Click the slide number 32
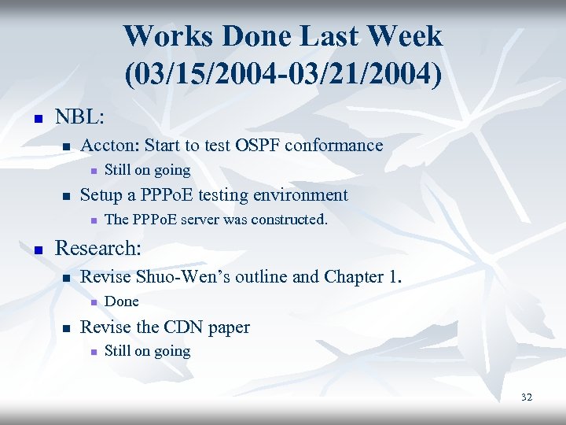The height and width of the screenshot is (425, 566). [x=526, y=397]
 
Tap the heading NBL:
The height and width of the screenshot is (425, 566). [x=79, y=118]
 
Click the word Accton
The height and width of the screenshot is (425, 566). [x=108, y=146]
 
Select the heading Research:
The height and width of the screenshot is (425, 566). [x=97, y=249]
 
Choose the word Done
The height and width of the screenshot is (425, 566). [x=121, y=301]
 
